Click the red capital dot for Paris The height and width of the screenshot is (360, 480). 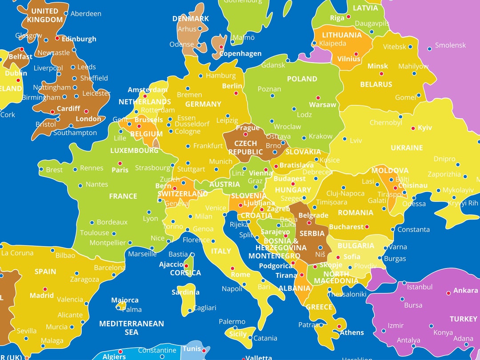click(120, 163)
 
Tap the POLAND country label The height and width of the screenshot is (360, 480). click(302, 79)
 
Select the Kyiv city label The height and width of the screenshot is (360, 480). click(425, 128)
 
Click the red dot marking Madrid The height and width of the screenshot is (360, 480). click(45, 289)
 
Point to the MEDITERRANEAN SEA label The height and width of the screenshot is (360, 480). click(132, 328)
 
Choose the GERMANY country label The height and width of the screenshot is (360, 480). click(203, 104)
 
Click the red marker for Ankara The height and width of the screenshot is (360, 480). click(448, 293)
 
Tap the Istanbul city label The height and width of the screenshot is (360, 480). click(420, 287)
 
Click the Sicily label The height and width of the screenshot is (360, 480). click(238, 334)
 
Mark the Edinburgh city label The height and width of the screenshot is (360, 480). click(79, 39)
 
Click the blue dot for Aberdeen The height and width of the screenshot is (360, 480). click(66, 13)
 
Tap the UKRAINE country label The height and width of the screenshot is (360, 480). click(407, 148)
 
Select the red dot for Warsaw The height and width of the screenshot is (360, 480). click(318, 98)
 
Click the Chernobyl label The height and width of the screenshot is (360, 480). click(386, 123)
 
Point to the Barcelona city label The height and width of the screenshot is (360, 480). click(109, 268)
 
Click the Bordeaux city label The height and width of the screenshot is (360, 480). click(112, 222)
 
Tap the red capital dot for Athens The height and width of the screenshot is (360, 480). click(339, 326)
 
